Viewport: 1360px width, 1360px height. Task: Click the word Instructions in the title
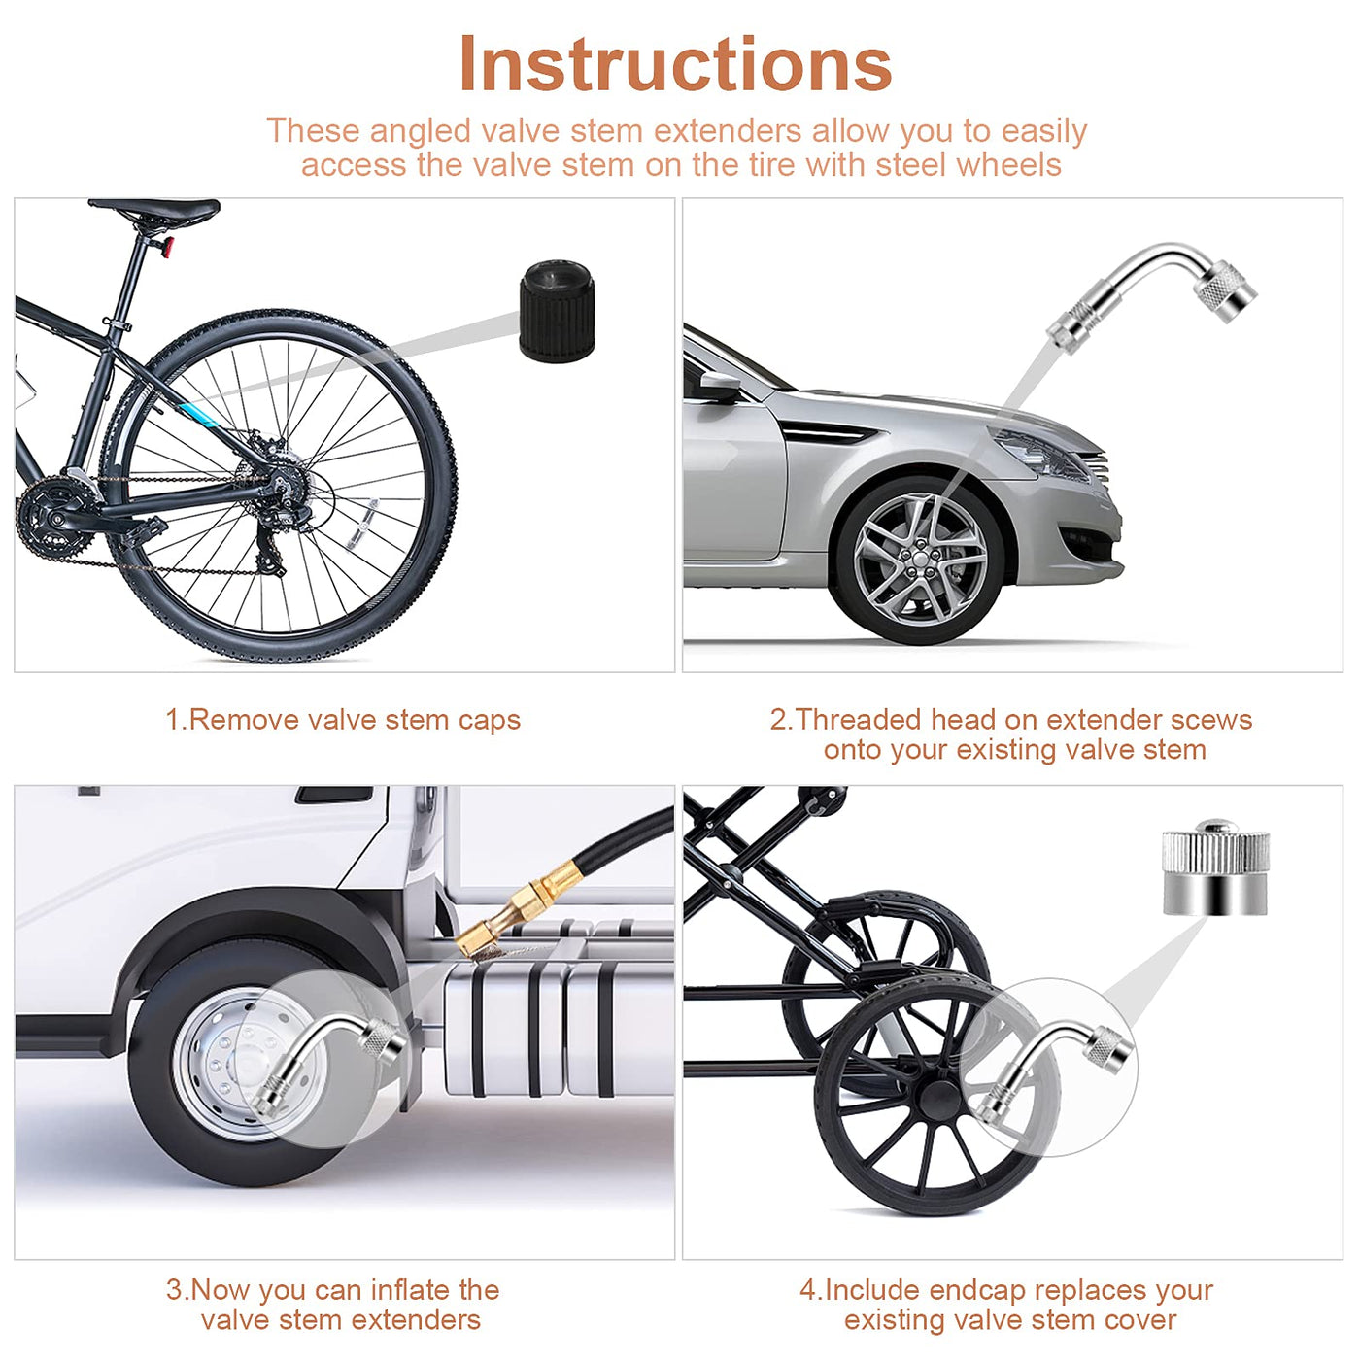coord(675,64)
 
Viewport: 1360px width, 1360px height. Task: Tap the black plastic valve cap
coord(557,311)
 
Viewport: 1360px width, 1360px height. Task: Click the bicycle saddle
coord(154,210)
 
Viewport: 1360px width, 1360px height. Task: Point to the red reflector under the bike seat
coord(165,247)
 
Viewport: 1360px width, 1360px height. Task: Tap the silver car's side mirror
coord(719,386)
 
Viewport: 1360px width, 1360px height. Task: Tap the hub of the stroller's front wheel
coord(938,1101)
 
